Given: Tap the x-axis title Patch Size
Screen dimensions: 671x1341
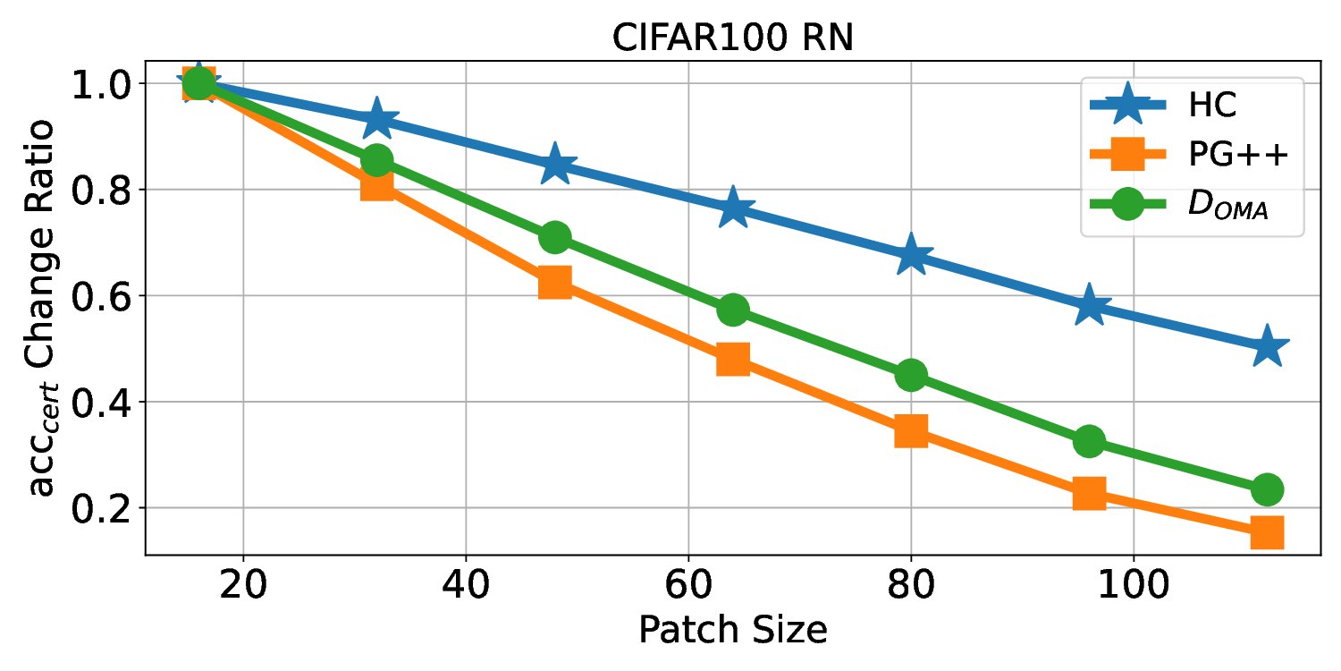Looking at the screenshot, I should pos(732,631).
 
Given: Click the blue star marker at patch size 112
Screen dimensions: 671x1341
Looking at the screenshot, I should pos(1267,348).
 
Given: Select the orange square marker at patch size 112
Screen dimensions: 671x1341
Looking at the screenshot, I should pos(1267,532).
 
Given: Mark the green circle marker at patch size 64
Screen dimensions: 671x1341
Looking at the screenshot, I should pos(733,310).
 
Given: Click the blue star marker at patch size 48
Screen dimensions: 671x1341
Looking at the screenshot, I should pos(555,164).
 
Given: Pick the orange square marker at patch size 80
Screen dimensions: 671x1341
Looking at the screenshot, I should pos(910,431).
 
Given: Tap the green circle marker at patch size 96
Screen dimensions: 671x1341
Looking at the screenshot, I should pos(1089,441).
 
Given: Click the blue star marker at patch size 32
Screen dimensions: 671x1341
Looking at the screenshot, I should pos(377,118).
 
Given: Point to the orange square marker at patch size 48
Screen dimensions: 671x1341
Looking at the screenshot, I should pos(555,283).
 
